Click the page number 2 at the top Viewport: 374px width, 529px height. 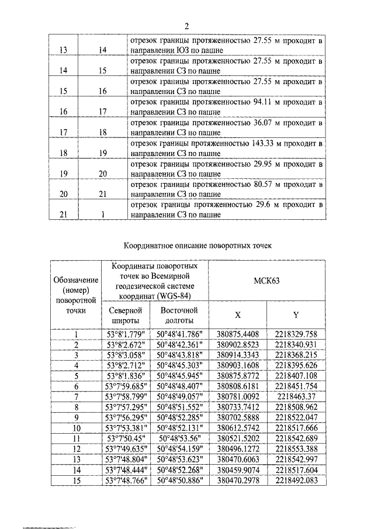coord(186,26)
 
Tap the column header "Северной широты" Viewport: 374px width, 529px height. coord(124,315)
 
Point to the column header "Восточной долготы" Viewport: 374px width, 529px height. coord(179,315)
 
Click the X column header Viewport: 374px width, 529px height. coord(237,315)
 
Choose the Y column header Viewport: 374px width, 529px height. coord(296,315)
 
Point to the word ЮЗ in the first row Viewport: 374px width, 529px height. coord(184,50)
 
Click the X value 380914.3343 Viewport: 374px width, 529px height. coord(237,355)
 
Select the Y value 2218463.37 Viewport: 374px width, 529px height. coord(296,396)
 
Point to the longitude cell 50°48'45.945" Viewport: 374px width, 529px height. coord(179,375)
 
